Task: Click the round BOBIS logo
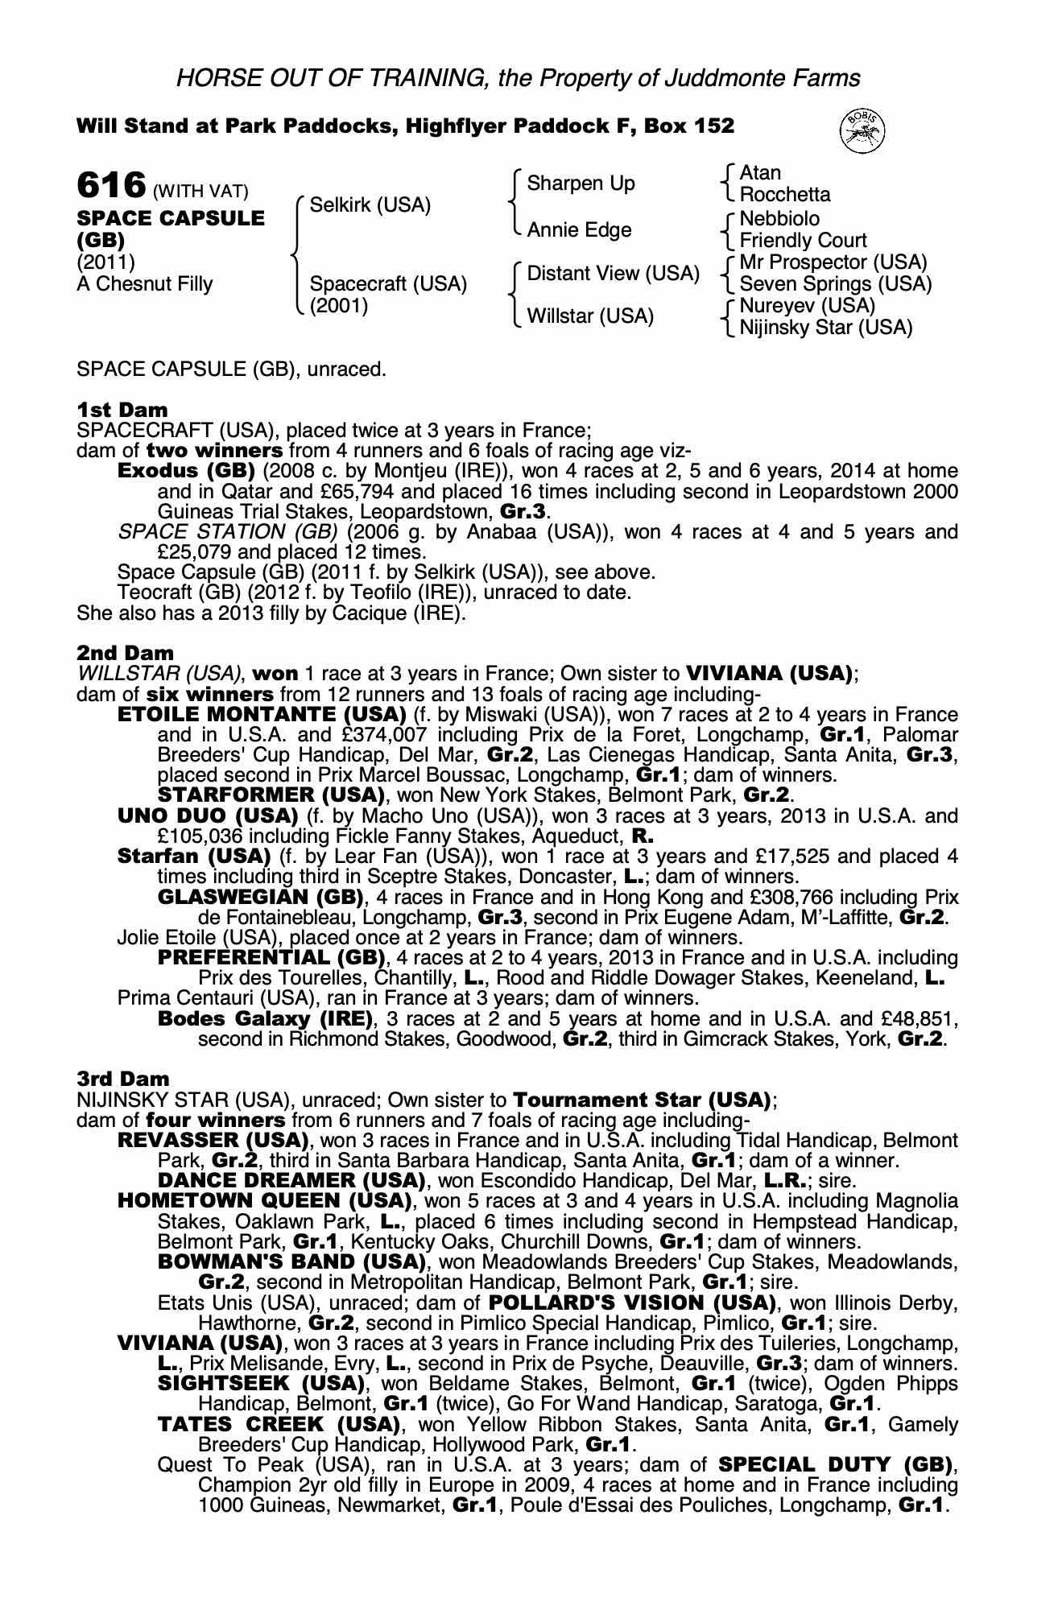coord(862,130)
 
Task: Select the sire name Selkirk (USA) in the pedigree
coord(370,204)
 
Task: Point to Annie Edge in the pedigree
coord(579,230)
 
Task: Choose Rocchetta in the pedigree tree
coord(784,195)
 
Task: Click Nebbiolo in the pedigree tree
coord(779,219)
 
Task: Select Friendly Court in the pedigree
coord(803,241)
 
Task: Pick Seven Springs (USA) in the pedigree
coord(835,284)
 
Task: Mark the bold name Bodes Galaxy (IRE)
coord(266,1018)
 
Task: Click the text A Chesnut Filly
coord(145,284)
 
